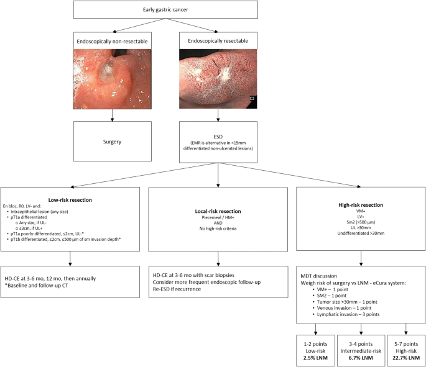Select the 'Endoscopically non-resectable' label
(112, 42)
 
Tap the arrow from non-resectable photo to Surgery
(112, 114)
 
